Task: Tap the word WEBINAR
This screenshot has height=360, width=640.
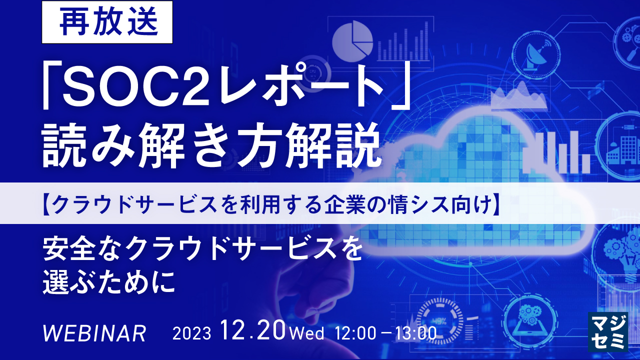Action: pyautogui.click(x=94, y=333)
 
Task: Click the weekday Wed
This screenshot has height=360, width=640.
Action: pyautogui.click(x=306, y=333)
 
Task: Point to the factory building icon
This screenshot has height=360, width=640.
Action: pyautogui.click(x=620, y=148)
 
